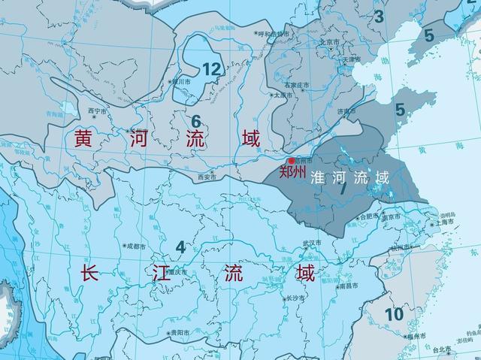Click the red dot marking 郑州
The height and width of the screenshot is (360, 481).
coord(292,161)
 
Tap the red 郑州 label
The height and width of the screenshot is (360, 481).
coord(292,172)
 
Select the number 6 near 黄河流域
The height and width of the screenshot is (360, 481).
coord(195,120)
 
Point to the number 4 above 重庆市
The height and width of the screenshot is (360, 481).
coord(180,247)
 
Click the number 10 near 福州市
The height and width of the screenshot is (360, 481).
coord(393,313)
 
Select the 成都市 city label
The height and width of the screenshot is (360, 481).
coord(138,245)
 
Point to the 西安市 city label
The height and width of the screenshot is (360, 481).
coord(206,177)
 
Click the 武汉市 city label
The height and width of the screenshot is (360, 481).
coord(311,243)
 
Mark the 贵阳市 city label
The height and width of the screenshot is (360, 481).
coord(180,331)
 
